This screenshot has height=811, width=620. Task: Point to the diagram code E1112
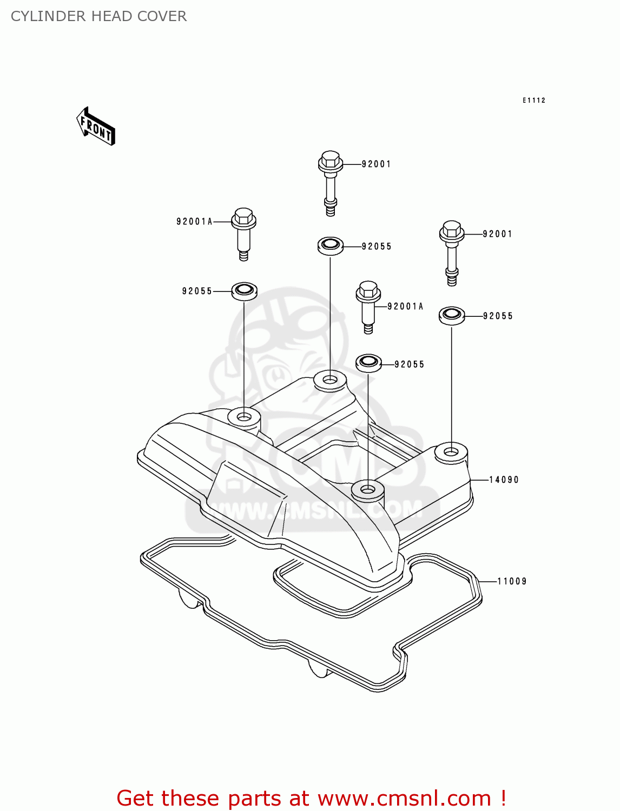tap(533, 100)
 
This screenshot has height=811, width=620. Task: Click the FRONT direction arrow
tap(96, 127)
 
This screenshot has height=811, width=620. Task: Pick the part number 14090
tap(504, 480)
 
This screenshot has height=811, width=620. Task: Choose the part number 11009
tap(512, 581)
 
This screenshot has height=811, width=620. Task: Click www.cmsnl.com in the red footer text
tap(404, 798)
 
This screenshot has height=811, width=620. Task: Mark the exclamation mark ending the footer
tap(503, 798)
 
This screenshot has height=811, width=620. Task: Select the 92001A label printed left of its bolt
tap(194, 221)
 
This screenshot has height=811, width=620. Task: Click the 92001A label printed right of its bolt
tap(405, 307)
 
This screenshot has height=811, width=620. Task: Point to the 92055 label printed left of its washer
tap(197, 291)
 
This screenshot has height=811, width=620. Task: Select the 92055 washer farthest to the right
tap(452, 315)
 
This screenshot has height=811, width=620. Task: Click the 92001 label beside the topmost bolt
tap(376, 164)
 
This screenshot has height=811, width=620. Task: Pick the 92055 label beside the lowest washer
tap(409, 364)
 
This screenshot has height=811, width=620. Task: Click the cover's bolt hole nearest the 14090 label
tap(451, 451)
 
